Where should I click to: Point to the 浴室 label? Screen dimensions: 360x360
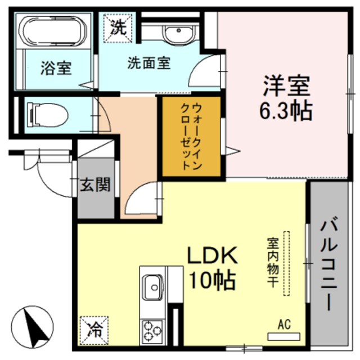click(x=56, y=69)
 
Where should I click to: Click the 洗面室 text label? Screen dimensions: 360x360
click(x=148, y=63)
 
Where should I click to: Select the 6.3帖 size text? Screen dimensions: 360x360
click(x=285, y=111)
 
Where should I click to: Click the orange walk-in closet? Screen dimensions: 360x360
click(x=190, y=137)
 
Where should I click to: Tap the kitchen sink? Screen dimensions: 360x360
click(x=152, y=287)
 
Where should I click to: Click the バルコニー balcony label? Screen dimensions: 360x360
click(x=329, y=264)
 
